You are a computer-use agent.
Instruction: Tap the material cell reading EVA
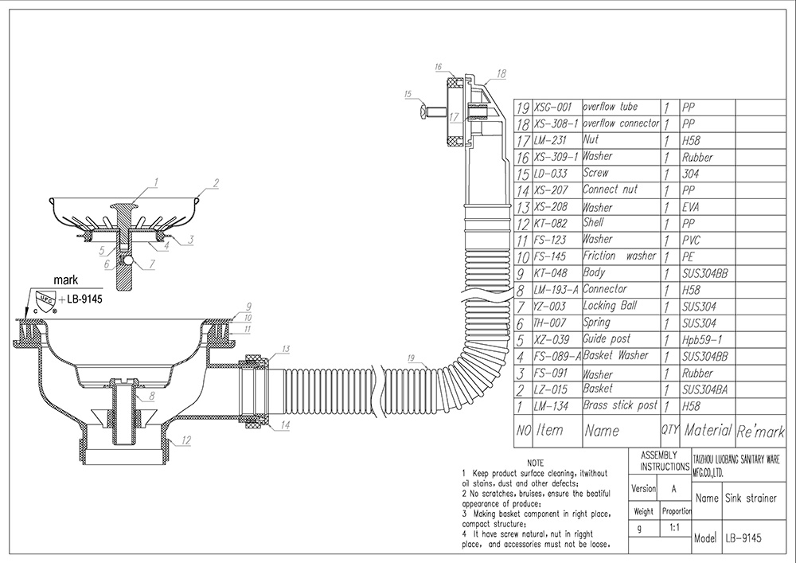coord(692,207)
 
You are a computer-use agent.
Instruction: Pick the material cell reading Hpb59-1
coord(701,339)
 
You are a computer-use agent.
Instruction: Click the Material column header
coord(707,430)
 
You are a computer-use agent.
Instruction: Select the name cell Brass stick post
coord(620,406)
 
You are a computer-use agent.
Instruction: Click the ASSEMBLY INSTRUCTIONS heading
coord(660,459)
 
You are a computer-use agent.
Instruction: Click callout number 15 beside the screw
coord(408,94)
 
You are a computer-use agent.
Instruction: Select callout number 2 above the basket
coord(215,182)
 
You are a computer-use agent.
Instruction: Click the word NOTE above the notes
coord(535,463)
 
